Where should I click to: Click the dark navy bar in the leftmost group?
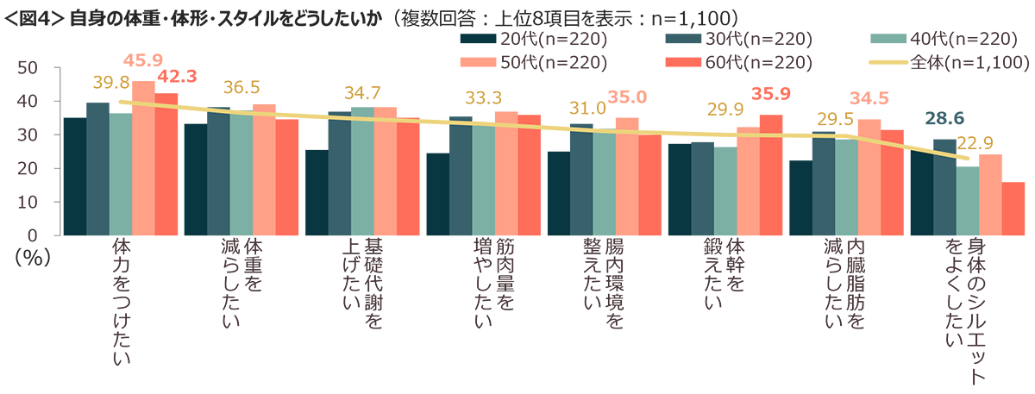pyautogui.click(x=74, y=181)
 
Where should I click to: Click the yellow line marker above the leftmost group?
pyautogui.click(x=122, y=102)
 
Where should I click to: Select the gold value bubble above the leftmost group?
pyautogui.click(x=101, y=83)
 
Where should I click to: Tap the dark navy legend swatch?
pyautogui.click(x=471, y=39)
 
